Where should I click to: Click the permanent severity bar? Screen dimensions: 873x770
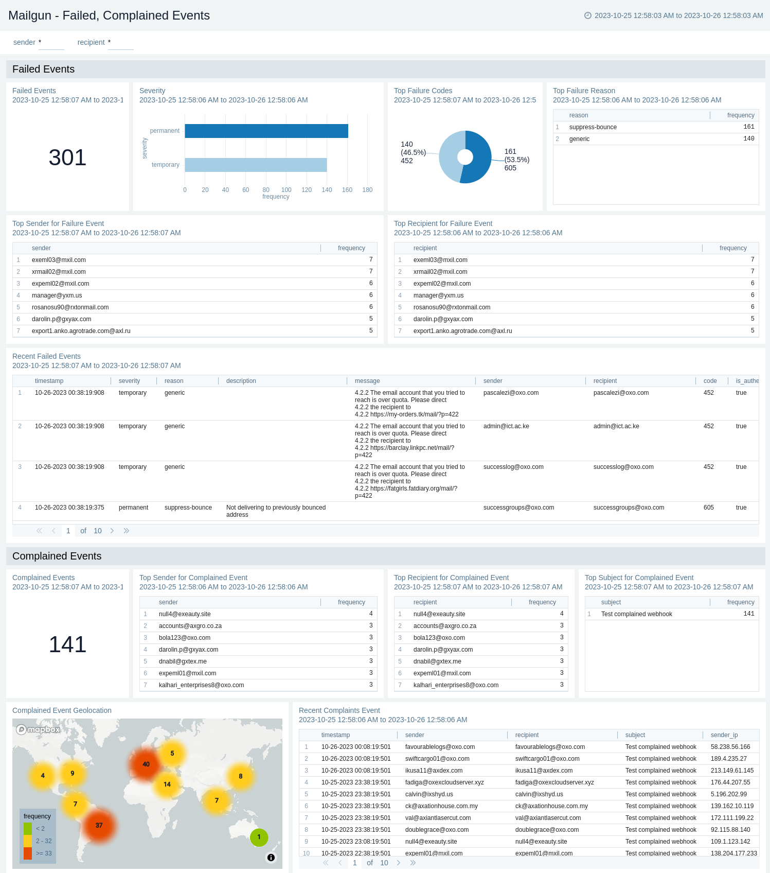pos(266,131)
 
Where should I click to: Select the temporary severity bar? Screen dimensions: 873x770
pos(256,165)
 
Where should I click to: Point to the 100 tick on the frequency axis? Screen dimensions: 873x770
pos(286,190)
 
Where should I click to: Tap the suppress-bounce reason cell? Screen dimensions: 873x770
pos(593,127)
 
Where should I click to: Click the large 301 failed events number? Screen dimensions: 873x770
pos(67,158)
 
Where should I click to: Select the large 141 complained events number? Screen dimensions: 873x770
pos(67,644)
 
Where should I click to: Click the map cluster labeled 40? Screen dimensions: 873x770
pos(146,764)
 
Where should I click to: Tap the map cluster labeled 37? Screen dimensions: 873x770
pos(99,825)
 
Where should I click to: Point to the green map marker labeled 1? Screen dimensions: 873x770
pos(259,837)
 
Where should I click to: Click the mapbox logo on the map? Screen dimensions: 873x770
pos(38,729)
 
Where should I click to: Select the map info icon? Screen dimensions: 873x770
pos(271,858)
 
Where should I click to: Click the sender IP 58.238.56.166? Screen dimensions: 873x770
pos(730,747)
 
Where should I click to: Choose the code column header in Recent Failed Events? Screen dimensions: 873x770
pos(710,381)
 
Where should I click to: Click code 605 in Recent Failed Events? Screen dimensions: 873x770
pos(708,508)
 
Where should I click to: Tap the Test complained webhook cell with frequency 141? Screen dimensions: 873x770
pos(636,614)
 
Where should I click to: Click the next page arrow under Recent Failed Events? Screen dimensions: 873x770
pos(112,531)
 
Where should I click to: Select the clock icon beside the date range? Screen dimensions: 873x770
pos(588,15)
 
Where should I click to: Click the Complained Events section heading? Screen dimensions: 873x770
pos(57,556)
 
